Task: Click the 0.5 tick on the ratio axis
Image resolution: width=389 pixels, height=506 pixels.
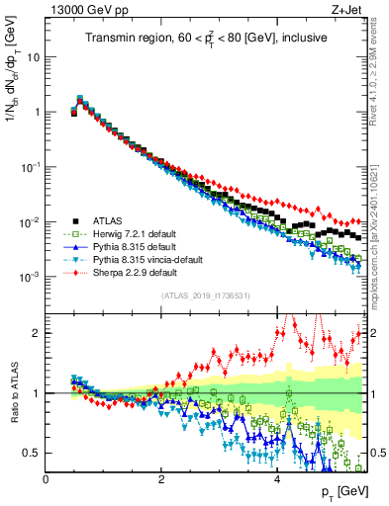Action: (32, 453)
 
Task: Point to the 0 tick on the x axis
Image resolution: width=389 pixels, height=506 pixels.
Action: (46, 479)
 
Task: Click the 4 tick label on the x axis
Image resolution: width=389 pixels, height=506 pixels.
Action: (276, 479)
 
